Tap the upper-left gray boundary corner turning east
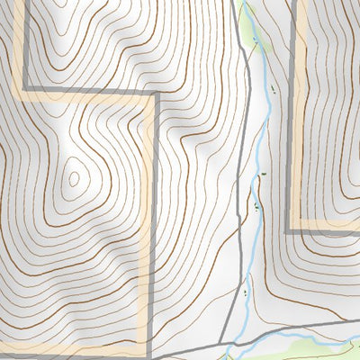coord(23,87)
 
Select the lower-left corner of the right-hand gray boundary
coord(289,231)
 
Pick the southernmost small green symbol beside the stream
coord(246,292)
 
